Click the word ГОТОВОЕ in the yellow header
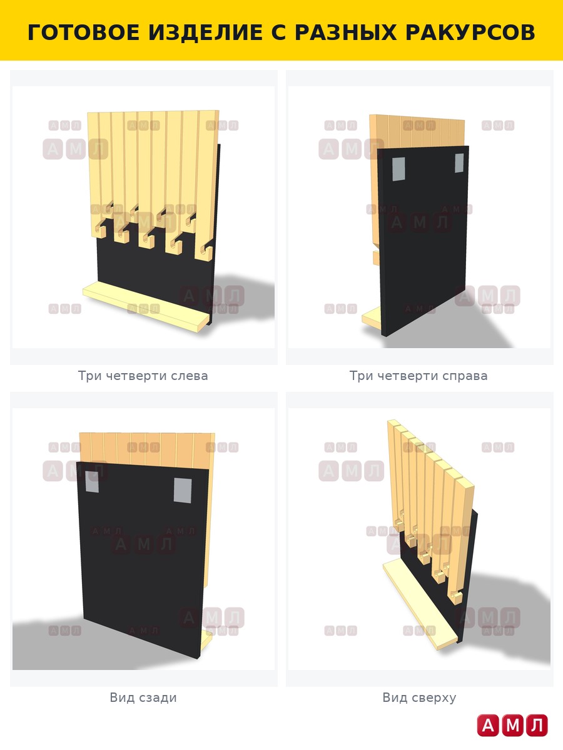pos(84,32)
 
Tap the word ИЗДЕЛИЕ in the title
pos(204,32)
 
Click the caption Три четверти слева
pos(143,376)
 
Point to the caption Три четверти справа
pos(418,376)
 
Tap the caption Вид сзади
pos(143,697)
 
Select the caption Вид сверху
pos(419,697)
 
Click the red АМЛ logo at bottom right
pos(512,725)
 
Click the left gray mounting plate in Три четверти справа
pos(398,169)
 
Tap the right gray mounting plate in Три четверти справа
pos(459,162)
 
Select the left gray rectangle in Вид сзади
pos(92,481)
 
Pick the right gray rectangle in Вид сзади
pos(183,491)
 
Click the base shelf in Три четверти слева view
pos(146,306)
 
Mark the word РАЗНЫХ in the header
pos(345,32)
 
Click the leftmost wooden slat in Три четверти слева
pos(93,174)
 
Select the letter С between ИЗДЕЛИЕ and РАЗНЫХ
pos(277,32)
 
